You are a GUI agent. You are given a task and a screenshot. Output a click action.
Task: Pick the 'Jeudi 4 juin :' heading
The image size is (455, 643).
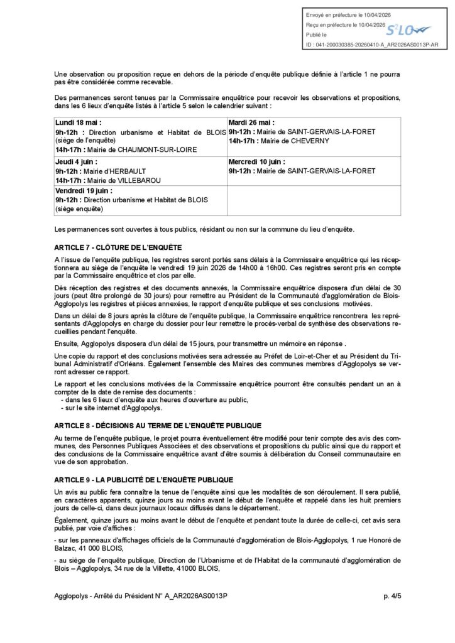[x=76, y=162]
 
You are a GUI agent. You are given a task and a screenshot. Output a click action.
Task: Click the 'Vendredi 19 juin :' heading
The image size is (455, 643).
[x=84, y=191]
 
